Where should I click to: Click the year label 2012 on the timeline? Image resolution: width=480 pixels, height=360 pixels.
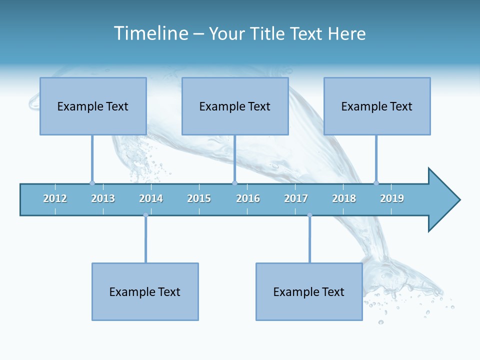[55, 198]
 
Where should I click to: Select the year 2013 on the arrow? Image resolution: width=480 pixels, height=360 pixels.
[103, 198]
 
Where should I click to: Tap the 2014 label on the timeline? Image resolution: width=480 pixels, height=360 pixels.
[151, 198]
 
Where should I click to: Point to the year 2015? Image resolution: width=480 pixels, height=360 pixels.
[199, 198]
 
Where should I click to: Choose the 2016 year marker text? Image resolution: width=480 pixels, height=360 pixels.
[248, 198]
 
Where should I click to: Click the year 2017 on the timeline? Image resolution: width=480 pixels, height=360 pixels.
[296, 198]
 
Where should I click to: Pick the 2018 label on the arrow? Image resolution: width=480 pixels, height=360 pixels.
[344, 198]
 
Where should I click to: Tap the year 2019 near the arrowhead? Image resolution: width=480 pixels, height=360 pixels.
[392, 198]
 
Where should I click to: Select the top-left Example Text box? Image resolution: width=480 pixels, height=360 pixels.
[93, 106]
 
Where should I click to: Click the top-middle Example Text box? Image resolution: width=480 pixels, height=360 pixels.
[235, 106]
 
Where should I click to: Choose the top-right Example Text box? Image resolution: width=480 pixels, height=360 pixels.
[377, 106]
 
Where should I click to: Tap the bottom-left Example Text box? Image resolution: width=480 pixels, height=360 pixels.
[145, 291]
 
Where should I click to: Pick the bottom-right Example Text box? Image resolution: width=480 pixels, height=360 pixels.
[309, 291]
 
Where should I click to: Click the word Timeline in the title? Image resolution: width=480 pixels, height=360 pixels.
[150, 33]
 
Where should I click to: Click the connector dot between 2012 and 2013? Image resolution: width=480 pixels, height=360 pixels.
[92, 183]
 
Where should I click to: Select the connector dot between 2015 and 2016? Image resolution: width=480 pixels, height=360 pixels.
[235, 183]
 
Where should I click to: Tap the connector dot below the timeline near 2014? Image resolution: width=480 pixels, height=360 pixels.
[145, 215]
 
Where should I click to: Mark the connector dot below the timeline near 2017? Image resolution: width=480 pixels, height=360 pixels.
[309, 215]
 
